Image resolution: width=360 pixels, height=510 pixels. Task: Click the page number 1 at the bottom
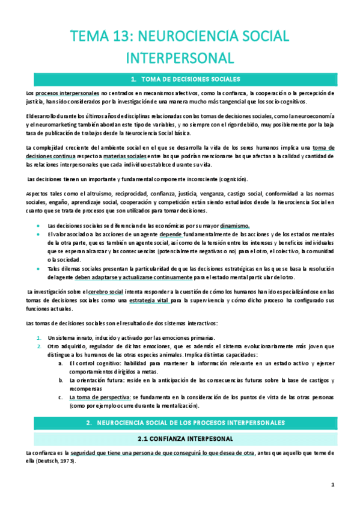332,484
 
